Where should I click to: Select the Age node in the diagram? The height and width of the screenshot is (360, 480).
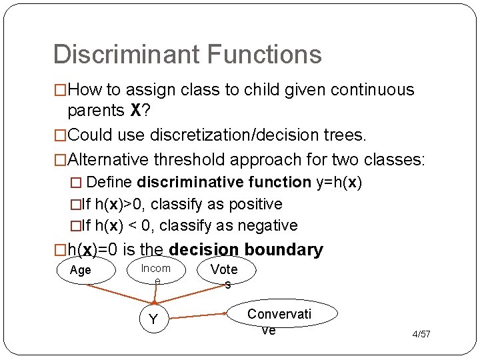coord(80,271)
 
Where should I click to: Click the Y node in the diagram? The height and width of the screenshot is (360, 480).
coord(153,319)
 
